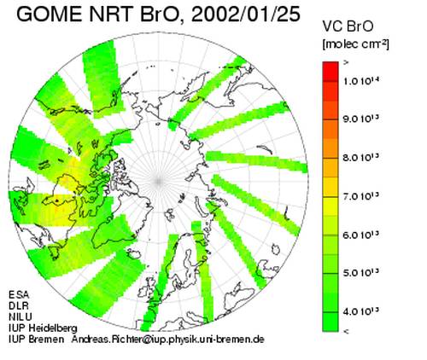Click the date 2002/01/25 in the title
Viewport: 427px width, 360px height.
pyautogui.click(x=246, y=15)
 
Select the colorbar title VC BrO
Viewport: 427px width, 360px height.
pyautogui.click(x=348, y=26)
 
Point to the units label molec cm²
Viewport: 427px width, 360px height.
pyautogui.click(x=355, y=44)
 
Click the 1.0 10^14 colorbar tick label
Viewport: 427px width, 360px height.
pyautogui.click(x=361, y=80)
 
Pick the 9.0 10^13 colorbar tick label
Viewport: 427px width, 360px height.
pyautogui.click(x=361, y=119)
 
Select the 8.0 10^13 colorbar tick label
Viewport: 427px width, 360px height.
pyautogui.click(x=361, y=157)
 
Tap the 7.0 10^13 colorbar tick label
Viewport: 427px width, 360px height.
pyautogui.click(x=361, y=196)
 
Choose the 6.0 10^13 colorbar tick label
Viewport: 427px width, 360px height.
pyautogui.click(x=361, y=235)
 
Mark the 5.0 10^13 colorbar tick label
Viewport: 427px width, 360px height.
pyautogui.click(x=361, y=273)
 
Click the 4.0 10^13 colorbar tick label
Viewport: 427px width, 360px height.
pyautogui.click(x=361, y=311)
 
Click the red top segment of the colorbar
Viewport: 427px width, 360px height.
pyautogui.click(x=330, y=72)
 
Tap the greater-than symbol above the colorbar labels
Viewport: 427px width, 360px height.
pyautogui.click(x=346, y=63)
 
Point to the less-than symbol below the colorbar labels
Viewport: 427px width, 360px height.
pyautogui.click(x=346, y=331)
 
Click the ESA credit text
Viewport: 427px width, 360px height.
pyautogui.click(x=19, y=294)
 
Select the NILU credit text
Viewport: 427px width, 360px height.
pyautogui.click(x=20, y=316)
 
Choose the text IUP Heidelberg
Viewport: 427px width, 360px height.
pyautogui.click(x=43, y=328)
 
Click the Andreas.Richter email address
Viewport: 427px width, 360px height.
pyautogui.click(x=168, y=340)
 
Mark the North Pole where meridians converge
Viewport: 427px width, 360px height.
pyautogui.click(x=159, y=181)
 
